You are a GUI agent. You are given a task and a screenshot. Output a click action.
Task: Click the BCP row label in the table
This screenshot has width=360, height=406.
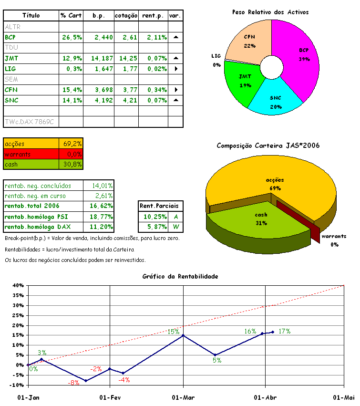click(x=10, y=37)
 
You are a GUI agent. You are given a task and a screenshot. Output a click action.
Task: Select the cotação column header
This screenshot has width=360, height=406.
click(x=126, y=16)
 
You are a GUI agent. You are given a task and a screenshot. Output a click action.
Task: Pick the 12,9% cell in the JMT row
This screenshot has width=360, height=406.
click(x=72, y=58)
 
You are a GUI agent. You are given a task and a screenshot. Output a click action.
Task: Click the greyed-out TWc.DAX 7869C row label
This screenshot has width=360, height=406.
click(x=29, y=122)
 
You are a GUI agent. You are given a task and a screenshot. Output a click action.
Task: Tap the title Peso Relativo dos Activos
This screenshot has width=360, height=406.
click(x=270, y=11)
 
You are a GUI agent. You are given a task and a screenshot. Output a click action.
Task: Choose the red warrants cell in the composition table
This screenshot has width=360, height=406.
click(x=31, y=154)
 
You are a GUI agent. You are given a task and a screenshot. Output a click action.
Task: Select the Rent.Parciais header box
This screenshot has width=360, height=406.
click(x=159, y=206)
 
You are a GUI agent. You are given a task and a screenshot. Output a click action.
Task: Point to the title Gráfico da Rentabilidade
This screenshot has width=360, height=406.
click(x=181, y=276)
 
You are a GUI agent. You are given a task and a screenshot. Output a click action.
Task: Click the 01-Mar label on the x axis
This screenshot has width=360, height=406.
click(x=182, y=397)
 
